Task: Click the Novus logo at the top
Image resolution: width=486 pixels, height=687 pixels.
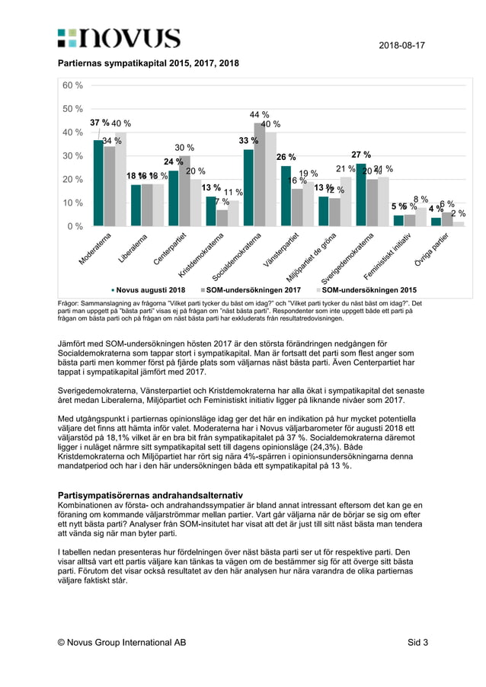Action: click(x=119, y=40)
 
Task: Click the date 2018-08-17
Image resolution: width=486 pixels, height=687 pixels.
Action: click(x=401, y=46)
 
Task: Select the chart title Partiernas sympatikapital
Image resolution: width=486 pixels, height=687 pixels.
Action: click(x=149, y=65)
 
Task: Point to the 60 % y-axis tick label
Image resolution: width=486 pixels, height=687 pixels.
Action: click(x=72, y=85)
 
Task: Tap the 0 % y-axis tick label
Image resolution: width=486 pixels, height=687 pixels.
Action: click(x=75, y=226)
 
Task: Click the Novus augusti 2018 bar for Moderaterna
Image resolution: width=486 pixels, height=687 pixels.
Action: click(x=98, y=183)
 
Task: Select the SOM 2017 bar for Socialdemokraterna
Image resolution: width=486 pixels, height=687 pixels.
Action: click(x=259, y=174)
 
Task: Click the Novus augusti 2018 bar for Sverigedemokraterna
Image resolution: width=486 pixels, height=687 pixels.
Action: click(x=360, y=194)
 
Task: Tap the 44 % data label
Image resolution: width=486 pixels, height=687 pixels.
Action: click(x=260, y=115)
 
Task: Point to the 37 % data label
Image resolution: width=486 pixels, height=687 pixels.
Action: click(x=99, y=123)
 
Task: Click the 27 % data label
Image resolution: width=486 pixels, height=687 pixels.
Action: click(x=361, y=155)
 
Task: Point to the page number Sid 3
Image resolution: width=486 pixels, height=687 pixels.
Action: click(x=417, y=642)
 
